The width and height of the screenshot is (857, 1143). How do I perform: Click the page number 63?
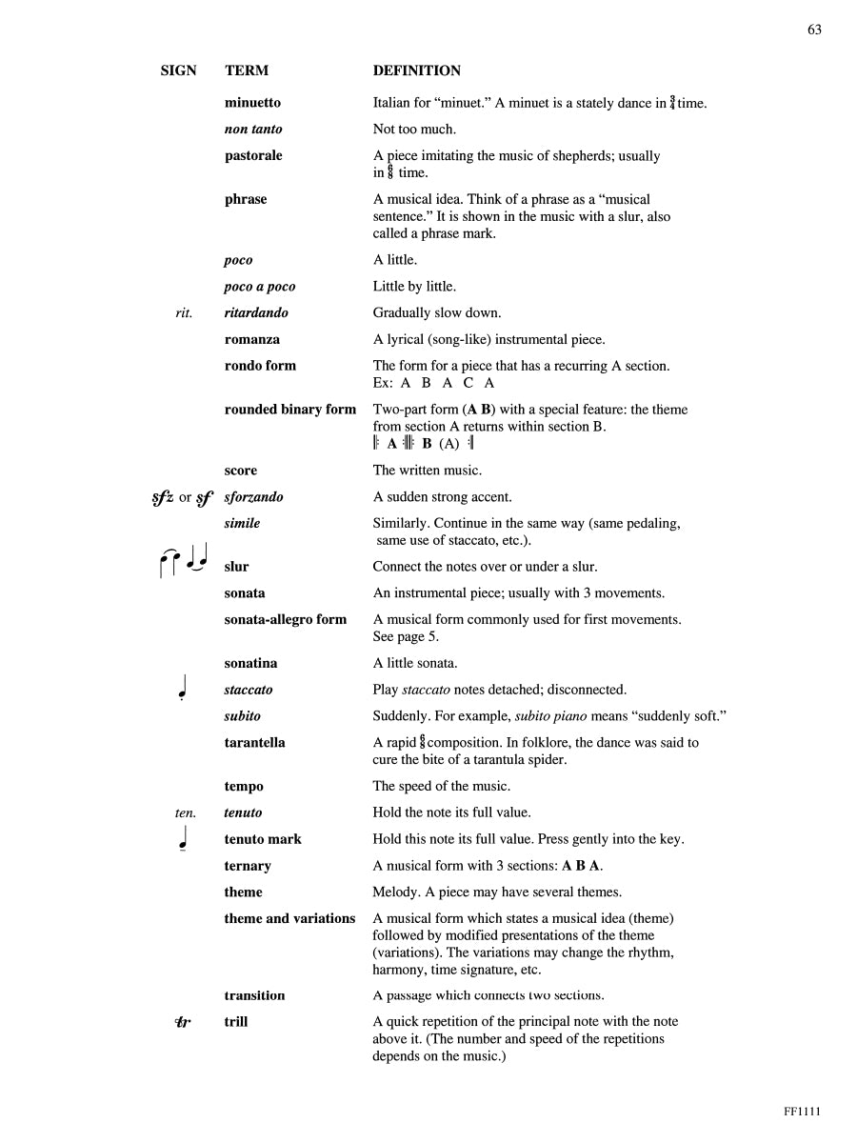(814, 30)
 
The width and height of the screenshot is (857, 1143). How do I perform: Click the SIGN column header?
(178, 70)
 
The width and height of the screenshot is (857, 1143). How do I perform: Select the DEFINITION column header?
(416, 70)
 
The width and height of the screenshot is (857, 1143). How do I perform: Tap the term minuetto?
(252, 103)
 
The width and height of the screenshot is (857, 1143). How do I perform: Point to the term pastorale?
(253, 155)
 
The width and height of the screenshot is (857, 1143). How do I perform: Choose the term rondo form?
(260, 366)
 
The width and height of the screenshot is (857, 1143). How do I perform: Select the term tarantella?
(254, 742)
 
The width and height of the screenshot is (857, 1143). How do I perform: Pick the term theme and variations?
(289, 918)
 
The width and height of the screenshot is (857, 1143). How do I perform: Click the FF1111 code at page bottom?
(802, 1111)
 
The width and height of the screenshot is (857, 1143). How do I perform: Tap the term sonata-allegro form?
(286, 619)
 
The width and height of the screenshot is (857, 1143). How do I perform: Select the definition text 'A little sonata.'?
(414, 663)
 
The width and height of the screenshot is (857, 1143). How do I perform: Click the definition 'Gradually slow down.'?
(436, 312)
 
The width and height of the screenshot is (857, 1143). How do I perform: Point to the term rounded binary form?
(289, 410)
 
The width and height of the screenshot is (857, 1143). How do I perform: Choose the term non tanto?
(253, 130)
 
